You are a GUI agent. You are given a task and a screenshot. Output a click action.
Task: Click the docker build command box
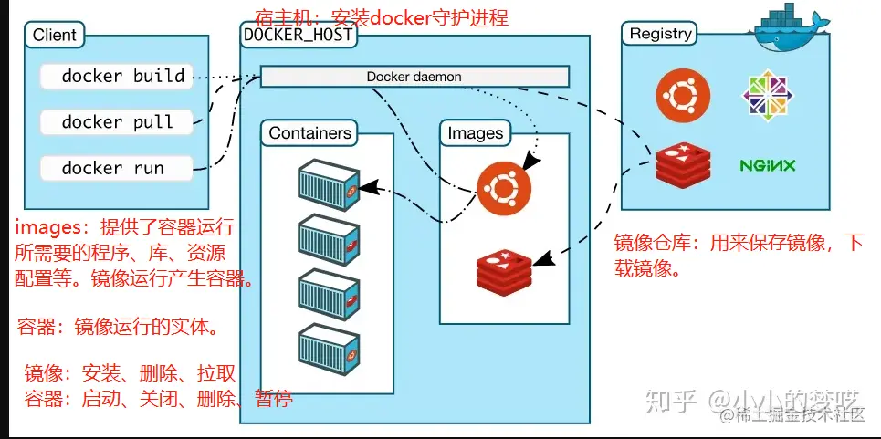pyautogui.click(x=117, y=76)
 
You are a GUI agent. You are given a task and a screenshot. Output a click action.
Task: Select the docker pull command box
pyautogui.click(x=117, y=122)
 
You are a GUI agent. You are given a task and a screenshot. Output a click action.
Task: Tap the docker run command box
pyautogui.click(x=117, y=168)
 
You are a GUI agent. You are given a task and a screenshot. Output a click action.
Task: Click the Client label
pyautogui.click(x=55, y=37)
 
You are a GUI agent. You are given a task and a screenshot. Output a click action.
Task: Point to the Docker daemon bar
pyautogui.click(x=414, y=77)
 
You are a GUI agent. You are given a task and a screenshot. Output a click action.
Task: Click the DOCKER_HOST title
pyautogui.click(x=298, y=35)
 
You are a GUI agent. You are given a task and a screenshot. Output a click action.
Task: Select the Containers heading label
pyautogui.click(x=310, y=133)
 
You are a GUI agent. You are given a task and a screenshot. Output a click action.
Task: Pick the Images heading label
pyautogui.click(x=475, y=133)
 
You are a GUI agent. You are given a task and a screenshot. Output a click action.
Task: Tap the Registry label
pyautogui.click(x=660, y=34)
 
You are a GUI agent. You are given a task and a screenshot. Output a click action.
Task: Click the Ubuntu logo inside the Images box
pyautogui.click(x=500, y=189)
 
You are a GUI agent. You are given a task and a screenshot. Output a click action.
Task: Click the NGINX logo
pyautogui.click(x=767, y=165)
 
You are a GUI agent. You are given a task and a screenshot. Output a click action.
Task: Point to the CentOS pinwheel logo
pyautogui.click(x=765, y=96)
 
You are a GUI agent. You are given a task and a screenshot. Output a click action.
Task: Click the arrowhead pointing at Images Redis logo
pyautogui.click(x=540, y=259)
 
